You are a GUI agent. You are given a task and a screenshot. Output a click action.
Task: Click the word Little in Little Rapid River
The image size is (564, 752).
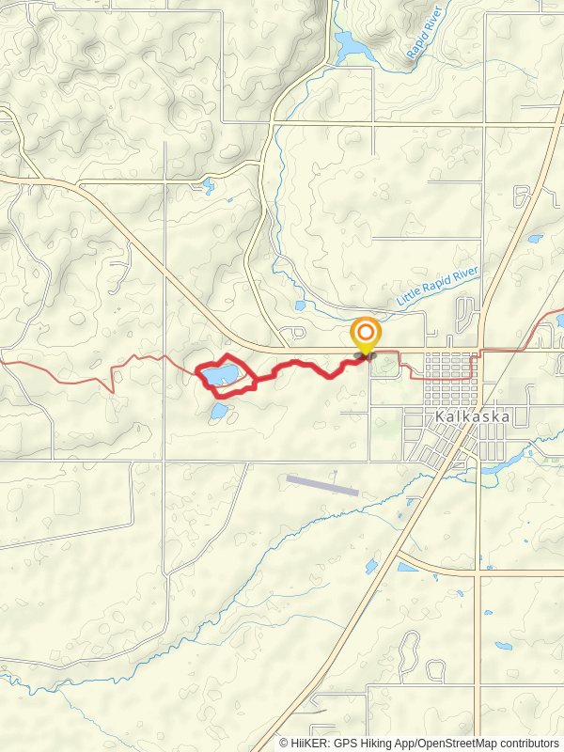pos(410,297)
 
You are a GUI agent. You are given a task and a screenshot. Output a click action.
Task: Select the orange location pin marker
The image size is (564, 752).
pos(365,336)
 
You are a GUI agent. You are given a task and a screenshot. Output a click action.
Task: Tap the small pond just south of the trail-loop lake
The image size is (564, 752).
pos(218,411)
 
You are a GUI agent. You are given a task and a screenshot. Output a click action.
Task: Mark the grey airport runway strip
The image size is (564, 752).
pos(322,484)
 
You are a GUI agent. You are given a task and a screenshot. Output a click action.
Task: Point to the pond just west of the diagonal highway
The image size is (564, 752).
pos(370,566)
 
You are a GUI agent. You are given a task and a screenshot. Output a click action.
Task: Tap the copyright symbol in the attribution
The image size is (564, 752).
pos(284,743)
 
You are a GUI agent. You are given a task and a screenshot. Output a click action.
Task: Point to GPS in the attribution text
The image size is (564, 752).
pos(344,743)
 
